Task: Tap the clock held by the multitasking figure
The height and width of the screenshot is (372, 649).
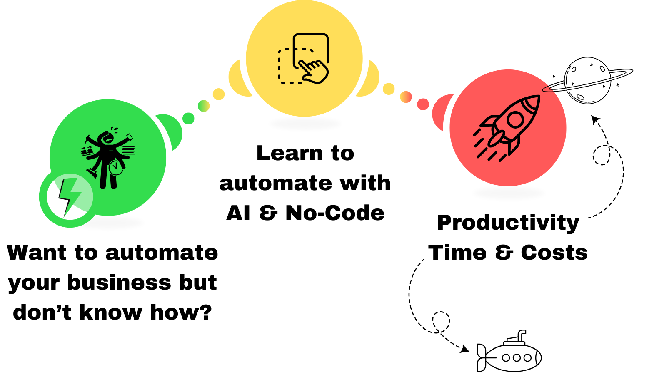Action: coord(115,168)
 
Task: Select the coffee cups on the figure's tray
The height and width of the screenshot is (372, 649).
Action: coord(86,151)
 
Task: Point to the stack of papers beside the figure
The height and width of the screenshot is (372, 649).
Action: coord(129,150)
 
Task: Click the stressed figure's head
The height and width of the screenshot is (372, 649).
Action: coord(107,138)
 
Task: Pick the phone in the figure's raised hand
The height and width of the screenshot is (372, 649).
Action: coord(130,136)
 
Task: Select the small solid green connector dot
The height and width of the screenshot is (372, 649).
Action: coord(188,118)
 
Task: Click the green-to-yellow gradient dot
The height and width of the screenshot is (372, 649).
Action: coord(203,106)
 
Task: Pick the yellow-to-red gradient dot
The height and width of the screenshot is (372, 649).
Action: coord(406,97)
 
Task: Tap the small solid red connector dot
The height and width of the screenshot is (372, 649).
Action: coord(423,104)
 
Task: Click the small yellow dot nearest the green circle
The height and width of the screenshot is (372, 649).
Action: coord(218,94)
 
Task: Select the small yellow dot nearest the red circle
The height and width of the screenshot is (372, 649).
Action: coord(389,89)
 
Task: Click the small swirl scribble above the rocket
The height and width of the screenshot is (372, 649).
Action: coord(551,88)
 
